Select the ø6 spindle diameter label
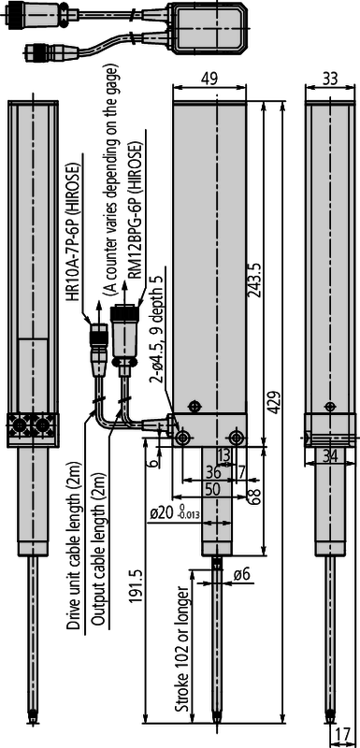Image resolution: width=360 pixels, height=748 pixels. [242, 575]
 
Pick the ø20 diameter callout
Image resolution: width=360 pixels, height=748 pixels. [174, 513]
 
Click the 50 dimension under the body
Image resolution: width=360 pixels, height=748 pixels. [213, 488]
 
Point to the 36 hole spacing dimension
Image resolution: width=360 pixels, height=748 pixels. [213, 472]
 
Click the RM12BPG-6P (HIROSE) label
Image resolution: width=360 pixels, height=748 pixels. [137, 222]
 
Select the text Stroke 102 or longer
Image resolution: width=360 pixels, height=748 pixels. [182, 646]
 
